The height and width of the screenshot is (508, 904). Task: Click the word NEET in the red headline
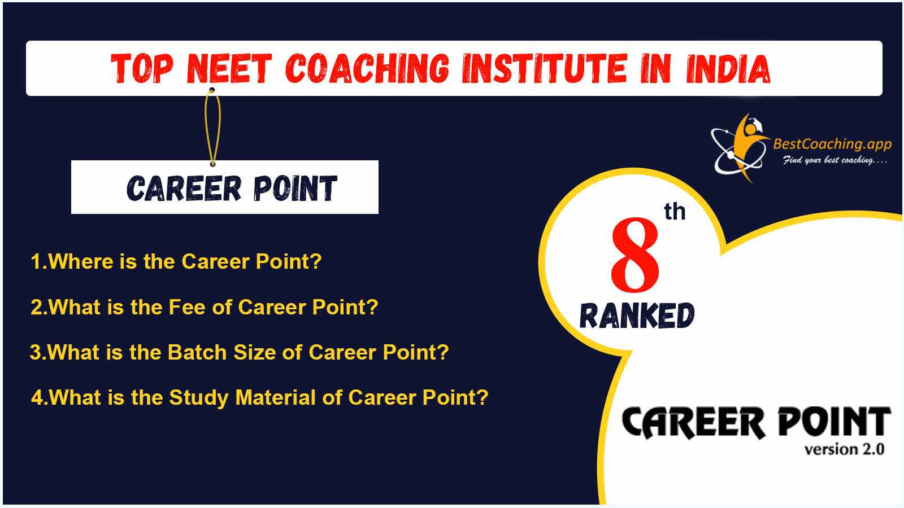tap(229, 68)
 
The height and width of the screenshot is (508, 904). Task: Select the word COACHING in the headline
tap(367, 68)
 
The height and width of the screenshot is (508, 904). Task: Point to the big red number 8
tap(635, 255)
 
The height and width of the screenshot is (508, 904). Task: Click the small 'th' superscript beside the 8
tap(675, 212)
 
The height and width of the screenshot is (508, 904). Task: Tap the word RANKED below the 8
tap(637, 316)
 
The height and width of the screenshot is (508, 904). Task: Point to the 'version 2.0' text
tap(844, 449)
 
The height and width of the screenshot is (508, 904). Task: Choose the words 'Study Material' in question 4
tap(242, 398)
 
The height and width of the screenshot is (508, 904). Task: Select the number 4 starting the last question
tap(37, 397)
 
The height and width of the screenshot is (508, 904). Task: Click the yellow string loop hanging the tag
tap(212, 127)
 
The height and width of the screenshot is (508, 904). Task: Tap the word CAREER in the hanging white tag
tap(184, 188)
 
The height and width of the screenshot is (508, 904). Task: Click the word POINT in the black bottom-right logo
tap(834, 422)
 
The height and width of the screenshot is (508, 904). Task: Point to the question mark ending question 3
tap(443, 352)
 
